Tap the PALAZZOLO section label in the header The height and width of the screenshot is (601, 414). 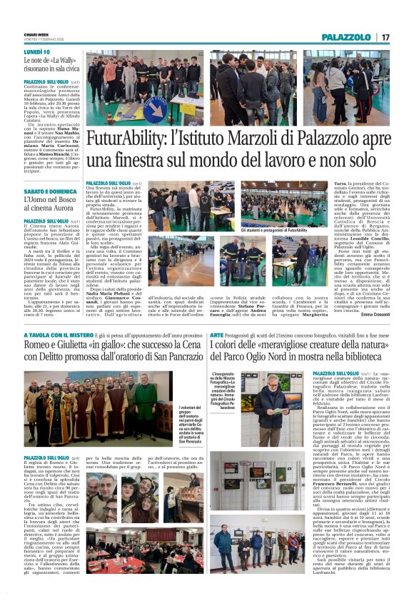pyautogui.click(x=346, y=37)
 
